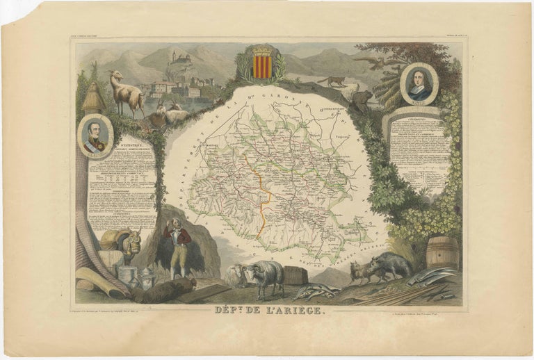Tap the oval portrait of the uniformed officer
96,136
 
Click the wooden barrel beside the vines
442,252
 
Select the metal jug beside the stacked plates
147,279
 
